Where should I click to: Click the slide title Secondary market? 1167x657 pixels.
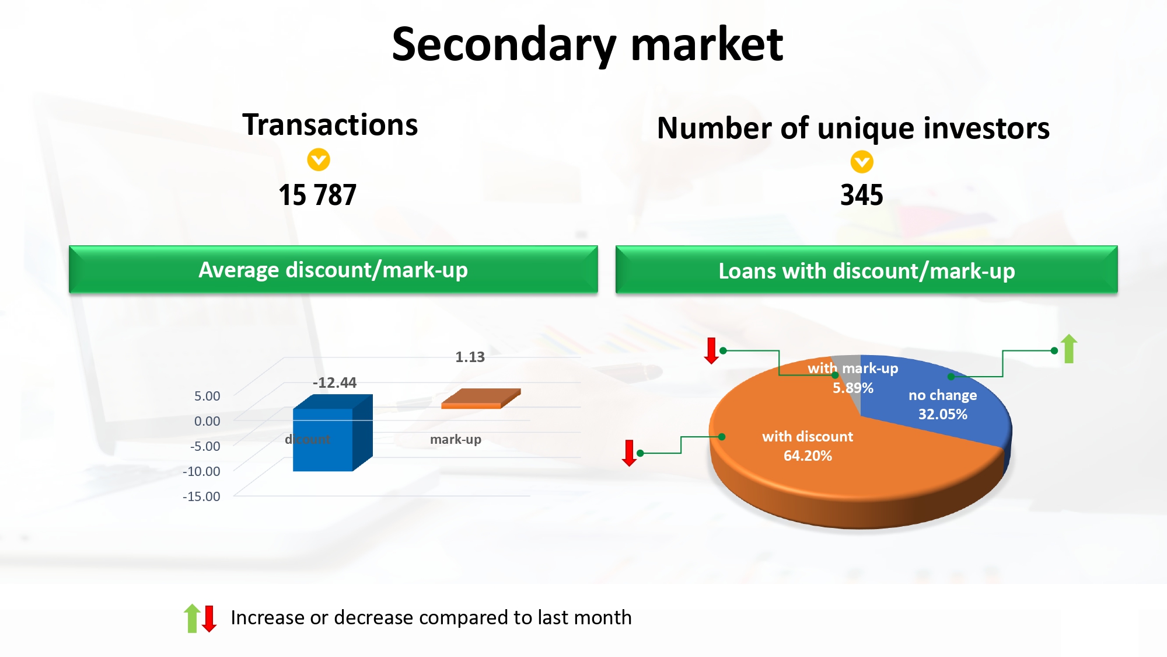587,45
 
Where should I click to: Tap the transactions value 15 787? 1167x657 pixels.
317,195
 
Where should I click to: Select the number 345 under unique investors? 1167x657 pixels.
862,195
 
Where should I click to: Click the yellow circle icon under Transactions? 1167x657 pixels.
319,159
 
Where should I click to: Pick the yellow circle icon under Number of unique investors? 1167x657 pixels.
862,162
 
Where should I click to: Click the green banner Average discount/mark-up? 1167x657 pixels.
333,269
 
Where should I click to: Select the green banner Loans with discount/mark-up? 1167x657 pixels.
866,270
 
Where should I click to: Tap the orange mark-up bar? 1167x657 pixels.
481,399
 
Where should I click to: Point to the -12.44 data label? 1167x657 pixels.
334,383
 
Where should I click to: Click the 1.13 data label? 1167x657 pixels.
470,357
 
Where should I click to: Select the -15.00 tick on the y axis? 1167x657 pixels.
201,496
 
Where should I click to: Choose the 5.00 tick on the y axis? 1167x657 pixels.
207,396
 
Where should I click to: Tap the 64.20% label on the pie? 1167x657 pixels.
808,456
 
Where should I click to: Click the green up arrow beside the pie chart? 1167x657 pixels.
1069,349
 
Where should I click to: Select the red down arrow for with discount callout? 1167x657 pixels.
629,453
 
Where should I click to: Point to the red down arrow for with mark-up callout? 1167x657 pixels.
711,350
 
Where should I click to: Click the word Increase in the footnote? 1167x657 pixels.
268,617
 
